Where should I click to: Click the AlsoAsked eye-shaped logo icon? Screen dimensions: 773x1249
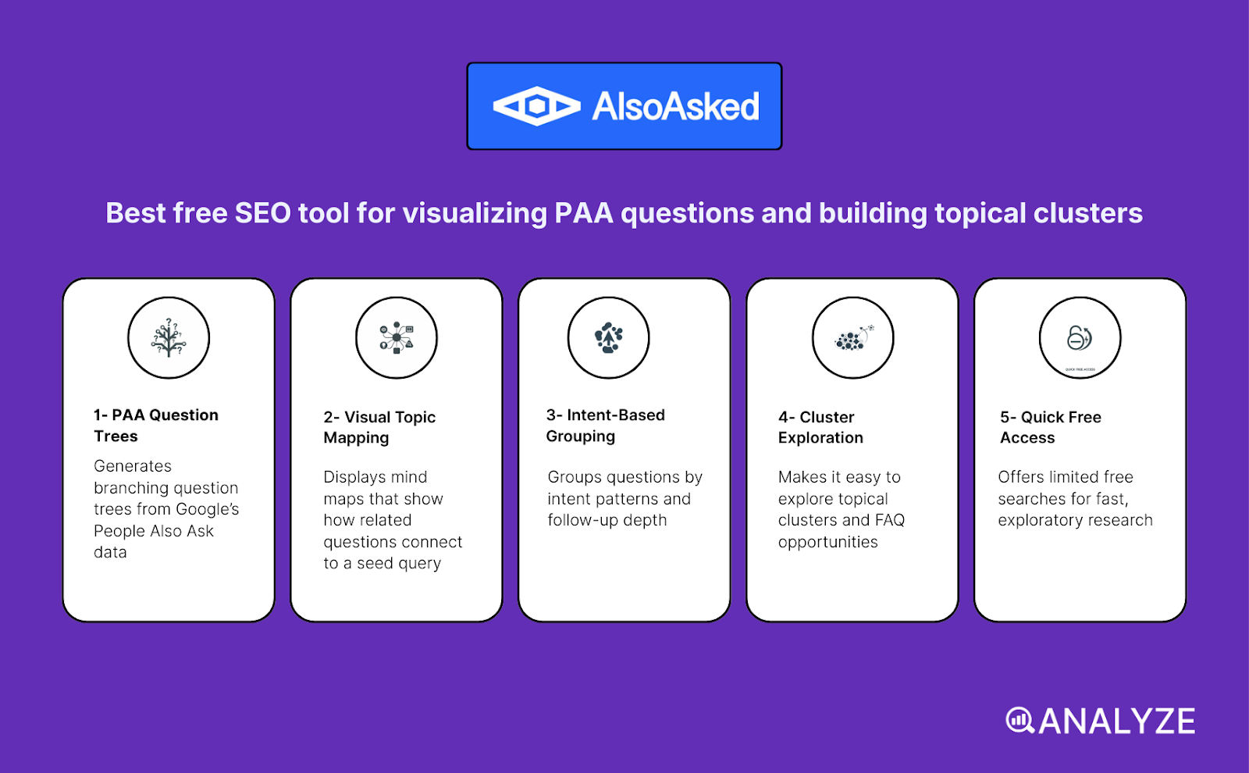tap(536, 106)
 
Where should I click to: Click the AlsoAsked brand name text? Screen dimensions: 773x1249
tap(675, 107)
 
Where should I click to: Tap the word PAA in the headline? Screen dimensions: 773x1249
tap(583, 213)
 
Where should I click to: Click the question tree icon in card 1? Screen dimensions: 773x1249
tap(169, 338)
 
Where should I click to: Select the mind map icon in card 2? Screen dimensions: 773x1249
tap(397, 338)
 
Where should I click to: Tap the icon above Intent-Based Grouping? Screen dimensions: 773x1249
tap(608, 338)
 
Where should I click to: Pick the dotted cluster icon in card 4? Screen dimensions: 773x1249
tap(852, 338)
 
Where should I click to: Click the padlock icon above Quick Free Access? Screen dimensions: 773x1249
tap(1080, 338)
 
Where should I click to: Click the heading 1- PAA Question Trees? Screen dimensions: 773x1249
tap(155, 426)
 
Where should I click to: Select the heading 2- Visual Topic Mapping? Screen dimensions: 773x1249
tap(379, 427)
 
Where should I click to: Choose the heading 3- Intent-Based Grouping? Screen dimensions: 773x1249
tap(605, 426)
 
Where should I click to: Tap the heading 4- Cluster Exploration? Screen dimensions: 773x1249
tap(820, 427)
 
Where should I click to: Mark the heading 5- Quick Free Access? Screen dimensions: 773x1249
tap(1050, 427)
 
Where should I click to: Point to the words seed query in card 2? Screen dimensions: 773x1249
tap(399, 564)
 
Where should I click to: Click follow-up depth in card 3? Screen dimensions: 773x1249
tap(607, 520)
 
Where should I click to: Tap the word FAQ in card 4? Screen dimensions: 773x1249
tap(889, 520)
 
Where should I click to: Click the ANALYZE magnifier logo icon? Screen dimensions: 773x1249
tap(1019, 721)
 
